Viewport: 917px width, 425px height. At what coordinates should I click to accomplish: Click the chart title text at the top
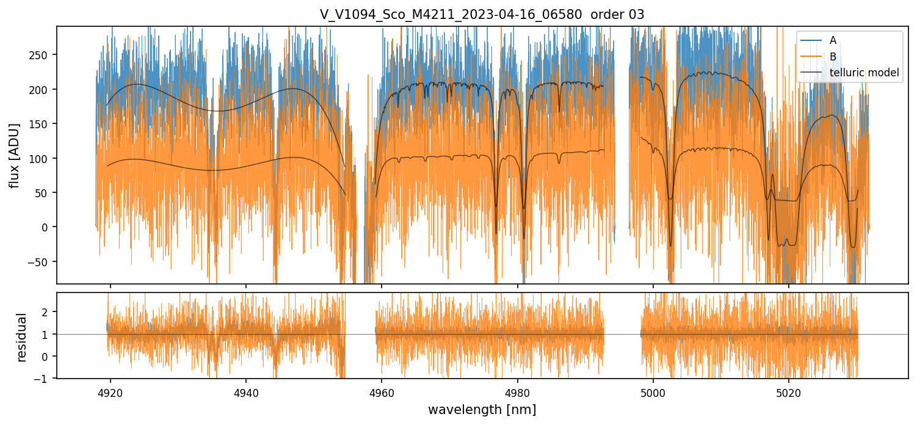coord(482,15)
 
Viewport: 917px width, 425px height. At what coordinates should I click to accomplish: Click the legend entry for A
coord(832,41)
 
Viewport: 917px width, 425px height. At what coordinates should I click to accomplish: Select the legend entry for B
coord(832,57)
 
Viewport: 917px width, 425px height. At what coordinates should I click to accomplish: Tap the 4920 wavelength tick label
coord(111,391)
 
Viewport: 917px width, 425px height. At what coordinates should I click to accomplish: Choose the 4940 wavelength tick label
coord(246,391)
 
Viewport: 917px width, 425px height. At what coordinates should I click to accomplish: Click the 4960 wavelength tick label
coord(382,391)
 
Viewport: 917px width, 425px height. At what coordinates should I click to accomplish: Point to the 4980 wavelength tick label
coord(518,391)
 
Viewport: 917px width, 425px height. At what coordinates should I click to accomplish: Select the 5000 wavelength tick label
coord(653,391)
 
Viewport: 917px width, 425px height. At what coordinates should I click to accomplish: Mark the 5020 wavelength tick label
coord(789,391)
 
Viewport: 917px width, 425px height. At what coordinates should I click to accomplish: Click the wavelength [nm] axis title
coord(482,409)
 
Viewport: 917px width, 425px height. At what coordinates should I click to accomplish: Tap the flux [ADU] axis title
coord(14,155)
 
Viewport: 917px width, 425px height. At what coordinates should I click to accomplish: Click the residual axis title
coord(23,336)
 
